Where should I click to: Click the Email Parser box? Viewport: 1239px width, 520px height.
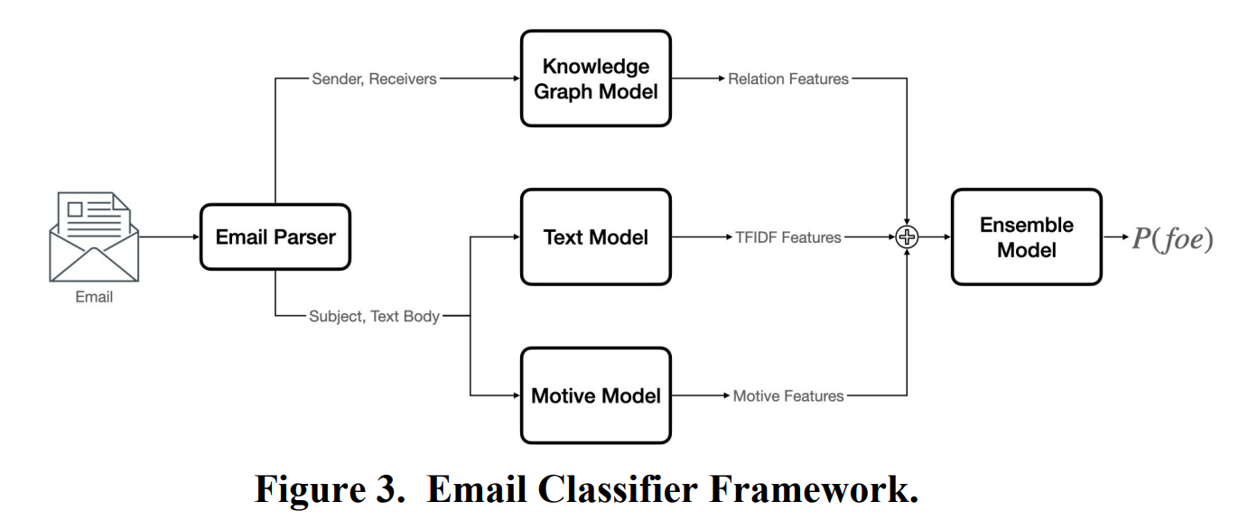(275, 237)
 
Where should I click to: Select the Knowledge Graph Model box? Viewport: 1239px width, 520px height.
(596, 79)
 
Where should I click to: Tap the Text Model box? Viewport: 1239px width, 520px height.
(596, 237)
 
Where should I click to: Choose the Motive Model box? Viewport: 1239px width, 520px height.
(596, 395)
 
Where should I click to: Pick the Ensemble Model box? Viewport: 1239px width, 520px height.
(1027, 237)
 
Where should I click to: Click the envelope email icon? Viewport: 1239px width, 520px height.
(94, 237)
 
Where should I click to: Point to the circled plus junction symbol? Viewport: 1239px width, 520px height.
(907, 237)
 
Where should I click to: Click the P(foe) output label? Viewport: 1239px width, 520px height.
(1172, 238)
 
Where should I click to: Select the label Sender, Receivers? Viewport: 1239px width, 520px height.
(374, 79)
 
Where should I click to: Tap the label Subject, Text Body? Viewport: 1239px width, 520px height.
(374, 316)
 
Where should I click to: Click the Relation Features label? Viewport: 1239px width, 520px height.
(787, 79)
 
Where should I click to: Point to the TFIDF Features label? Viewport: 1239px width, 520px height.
(787, 237)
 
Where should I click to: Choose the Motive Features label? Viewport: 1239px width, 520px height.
(787, 396)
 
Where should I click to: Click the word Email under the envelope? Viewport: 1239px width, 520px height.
(94, 297)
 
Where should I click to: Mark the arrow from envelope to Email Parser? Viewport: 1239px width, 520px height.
(169, 237)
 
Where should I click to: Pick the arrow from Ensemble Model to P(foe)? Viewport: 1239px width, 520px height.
(1116, 237)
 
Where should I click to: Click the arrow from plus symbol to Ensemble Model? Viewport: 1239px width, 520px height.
(935, 237)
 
